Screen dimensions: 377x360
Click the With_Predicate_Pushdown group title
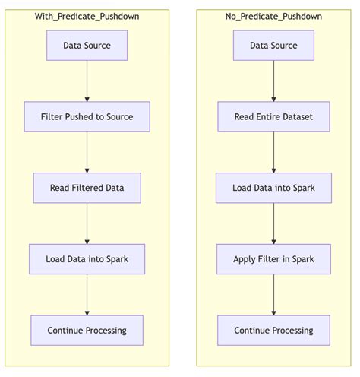[x=87, y=16]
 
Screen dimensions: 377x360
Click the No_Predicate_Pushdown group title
[x=273, y=16]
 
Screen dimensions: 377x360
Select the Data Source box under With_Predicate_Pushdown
[x=87, y=46]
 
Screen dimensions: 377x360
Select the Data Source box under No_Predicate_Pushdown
[x=273, y=46]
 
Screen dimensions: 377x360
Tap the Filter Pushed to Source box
[x=87, y=117]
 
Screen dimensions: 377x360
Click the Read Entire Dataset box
[x=273, y=117]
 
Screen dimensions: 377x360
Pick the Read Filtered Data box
[x=87, y=188]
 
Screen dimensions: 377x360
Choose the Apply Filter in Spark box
[x=273, y=259]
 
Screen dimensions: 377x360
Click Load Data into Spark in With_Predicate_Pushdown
[x=87, y=259]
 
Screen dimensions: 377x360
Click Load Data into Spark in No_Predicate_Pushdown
[x=273, y=188]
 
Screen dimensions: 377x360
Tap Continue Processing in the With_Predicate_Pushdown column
[x=87, y=331]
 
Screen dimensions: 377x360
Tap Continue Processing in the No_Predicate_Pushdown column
[x=273, y=331]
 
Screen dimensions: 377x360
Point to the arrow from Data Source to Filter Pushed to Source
[x=87, y=81]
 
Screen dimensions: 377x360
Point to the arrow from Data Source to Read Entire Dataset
[x=273, y=81]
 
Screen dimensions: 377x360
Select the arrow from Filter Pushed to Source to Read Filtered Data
[x=87, y=152]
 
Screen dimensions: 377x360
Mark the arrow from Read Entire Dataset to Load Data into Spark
[x=273, y=152]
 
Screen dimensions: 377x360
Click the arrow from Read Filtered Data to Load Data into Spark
[x=87, y=223]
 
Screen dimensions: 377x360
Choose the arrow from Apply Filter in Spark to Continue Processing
[x=273, y=295]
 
